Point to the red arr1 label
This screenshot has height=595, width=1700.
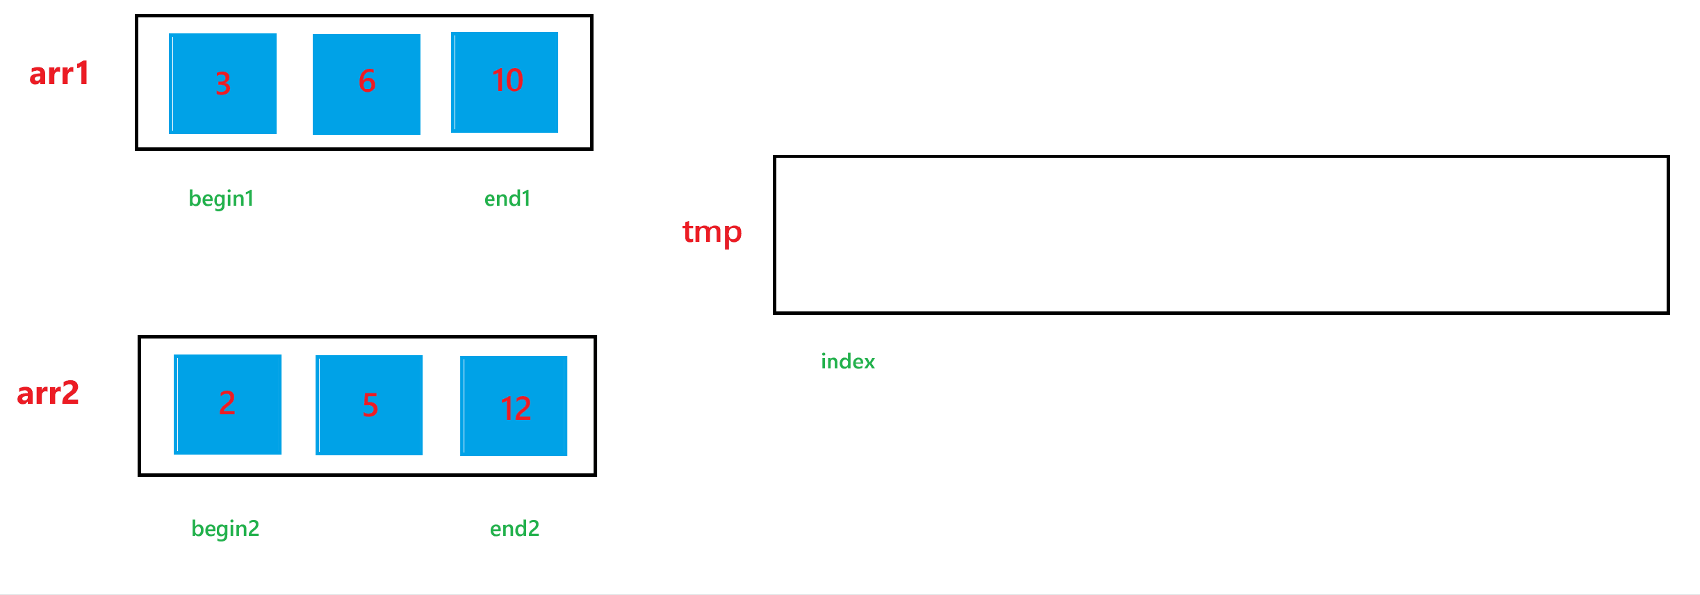click(x=59, y=74)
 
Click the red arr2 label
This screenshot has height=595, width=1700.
click(x=48, y=393)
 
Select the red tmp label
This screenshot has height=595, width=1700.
click(x=712, y=232)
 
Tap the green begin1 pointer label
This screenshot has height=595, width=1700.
click(x=221, y=199)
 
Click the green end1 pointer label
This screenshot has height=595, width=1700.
click(x=507, y=199)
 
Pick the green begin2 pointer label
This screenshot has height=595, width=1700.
click(x=225, y=529)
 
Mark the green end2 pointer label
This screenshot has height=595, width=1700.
click(x=514, y=529)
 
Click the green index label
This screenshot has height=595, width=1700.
click(x=848, y=361)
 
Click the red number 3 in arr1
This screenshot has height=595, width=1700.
click(x=222, y=83)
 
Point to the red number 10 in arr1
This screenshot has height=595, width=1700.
click(x=507, y=81)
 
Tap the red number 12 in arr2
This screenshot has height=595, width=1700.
click(x=516, y=408)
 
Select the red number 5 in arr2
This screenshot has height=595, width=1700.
click(x=370, y=405)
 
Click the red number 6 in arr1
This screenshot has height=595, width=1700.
click(x=367, y=81)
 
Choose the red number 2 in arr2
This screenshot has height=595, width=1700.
click(x=227, y=402)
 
